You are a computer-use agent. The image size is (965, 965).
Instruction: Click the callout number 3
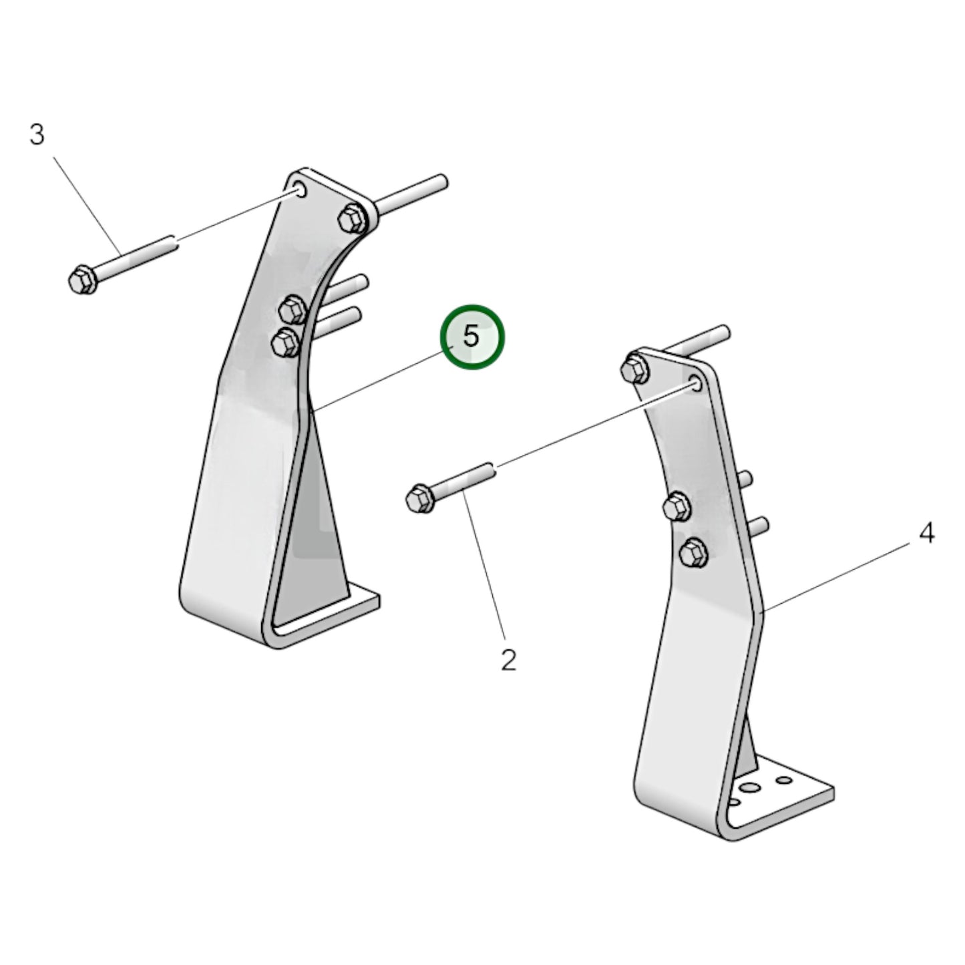(37, 135)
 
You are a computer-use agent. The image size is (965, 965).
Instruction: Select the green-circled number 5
(472, 337)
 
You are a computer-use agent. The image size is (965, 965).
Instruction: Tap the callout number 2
(508, 660)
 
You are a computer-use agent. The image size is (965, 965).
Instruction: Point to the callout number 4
(926, 533)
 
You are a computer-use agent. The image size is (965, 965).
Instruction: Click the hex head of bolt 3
(83, 279)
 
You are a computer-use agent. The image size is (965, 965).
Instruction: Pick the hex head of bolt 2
(419, 499)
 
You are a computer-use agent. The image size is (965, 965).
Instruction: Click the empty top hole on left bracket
(299, 190)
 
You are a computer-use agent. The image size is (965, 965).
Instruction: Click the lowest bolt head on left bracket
(285, 343)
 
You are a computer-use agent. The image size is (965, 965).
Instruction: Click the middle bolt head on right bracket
(677, 508)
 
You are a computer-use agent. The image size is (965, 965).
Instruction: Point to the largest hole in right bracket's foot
(750, 789)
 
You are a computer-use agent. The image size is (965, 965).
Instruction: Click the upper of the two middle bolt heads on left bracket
(292, 310)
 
